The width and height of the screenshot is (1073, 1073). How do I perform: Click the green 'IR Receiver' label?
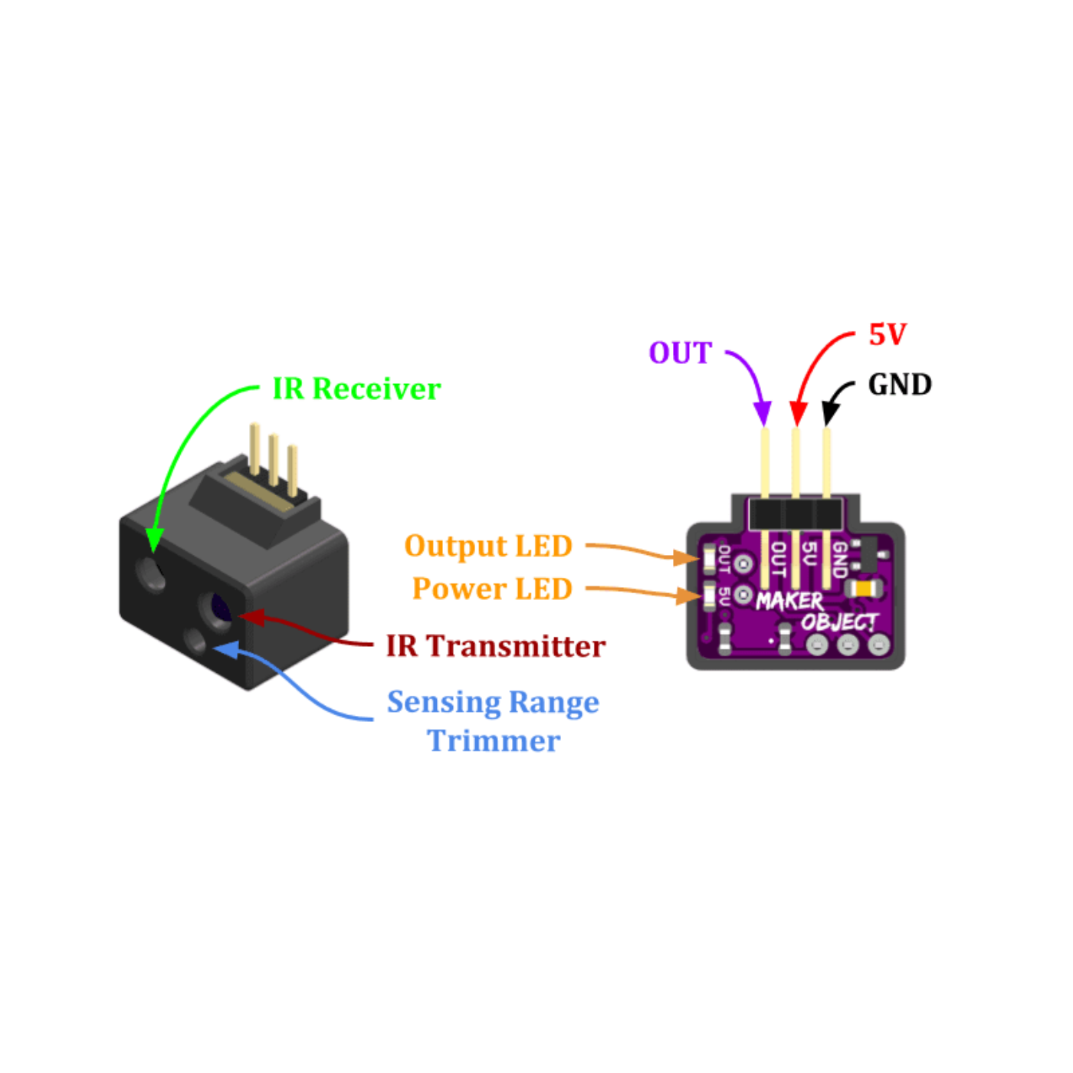(x=356, y=389)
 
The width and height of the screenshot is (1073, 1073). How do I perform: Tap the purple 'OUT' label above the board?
(x=681, y=353)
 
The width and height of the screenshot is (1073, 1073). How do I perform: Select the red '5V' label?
(x=888, y=335)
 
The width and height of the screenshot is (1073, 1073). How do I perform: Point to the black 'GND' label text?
(x=900, y=385)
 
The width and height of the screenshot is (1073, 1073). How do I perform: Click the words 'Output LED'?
(x=488, y=546)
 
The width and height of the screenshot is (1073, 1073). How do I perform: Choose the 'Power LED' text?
(x=492, y=589)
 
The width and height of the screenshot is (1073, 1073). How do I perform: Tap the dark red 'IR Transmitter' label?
(x=495, y=647)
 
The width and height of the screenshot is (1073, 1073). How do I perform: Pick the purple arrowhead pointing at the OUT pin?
(x=763, y=414)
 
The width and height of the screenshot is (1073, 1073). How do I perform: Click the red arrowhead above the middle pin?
(x=798, y=414)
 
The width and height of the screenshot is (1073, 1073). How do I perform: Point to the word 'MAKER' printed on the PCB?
(x=789, y=601)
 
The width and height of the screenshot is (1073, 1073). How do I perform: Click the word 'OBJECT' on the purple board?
(x=839, y=622)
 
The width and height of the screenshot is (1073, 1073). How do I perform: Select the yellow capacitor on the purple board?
(x=865, y=589)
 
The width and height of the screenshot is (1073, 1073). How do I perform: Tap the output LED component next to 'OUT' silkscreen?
(x=709, y=559)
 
